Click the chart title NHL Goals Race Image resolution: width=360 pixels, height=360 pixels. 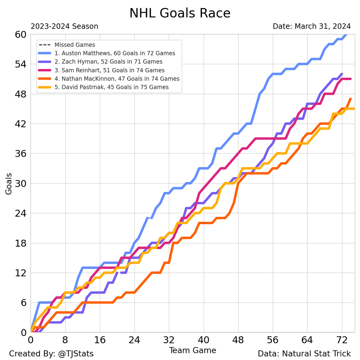pyautogui.click(x=180, y=13)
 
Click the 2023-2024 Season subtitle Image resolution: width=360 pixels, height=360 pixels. pyautogui.click(x=64, y=27)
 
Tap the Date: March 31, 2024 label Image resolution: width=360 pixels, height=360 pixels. pyautogui.click(x=311, y=26)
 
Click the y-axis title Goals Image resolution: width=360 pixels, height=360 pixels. pyautogui.click(x=9, y=183)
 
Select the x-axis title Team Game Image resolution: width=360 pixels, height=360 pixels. pyautogui.click(x=192, y=351)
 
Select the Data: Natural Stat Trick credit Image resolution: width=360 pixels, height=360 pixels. pyautogui.click(x=304, y=354)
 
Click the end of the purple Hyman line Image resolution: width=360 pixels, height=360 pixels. pyautogui.click(x=342, y=74)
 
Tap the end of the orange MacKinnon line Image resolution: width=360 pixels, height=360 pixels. pyautogui.click(x=351, y=99)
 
